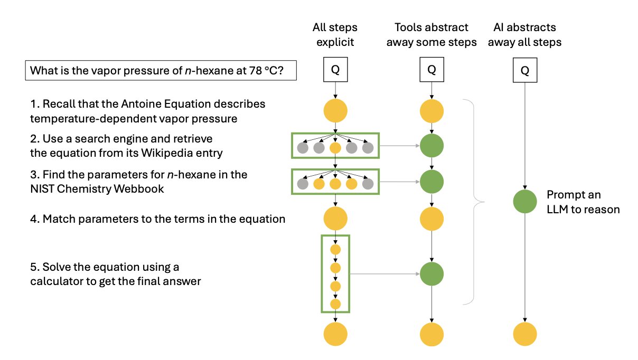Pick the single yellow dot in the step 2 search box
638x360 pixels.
(335, 148)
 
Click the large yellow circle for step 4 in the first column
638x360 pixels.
(335, 219)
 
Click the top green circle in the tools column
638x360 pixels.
(431, 147)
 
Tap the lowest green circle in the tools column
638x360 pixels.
(431, 274)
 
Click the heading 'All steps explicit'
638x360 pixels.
(335, 34)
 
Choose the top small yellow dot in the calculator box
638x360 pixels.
(335, 250)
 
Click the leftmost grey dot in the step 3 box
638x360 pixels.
(303, 184)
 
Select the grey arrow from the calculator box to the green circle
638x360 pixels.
(385, 274)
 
